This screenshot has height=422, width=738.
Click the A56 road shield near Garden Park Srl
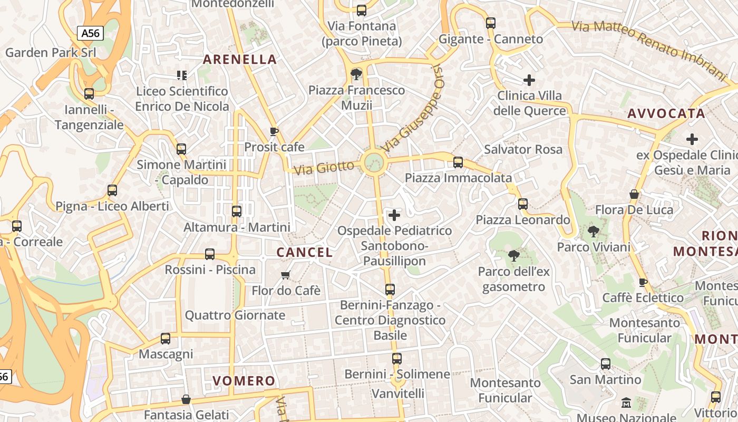(x=90, y=33)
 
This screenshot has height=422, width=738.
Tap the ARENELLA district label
(x=240, y=59)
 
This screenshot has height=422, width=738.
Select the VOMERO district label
(x=244, y=381)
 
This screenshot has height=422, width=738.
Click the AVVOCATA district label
(x=666, y=113)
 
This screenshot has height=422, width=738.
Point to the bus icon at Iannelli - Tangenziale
(x=89, y=94)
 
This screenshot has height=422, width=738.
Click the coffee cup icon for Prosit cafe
(x=274, y=131)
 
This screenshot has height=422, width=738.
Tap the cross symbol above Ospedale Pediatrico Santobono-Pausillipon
(x=394, y=215)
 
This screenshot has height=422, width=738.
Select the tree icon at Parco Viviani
(x=594, y=231)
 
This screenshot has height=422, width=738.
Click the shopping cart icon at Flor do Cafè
(x=286, y=275)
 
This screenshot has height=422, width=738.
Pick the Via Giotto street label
(x=324, y=168)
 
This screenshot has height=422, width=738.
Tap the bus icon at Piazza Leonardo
(x=522, y=204)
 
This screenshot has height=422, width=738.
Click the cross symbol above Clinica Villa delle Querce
(x=529, y=80)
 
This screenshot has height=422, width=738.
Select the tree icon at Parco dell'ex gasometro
(x=513, y=256)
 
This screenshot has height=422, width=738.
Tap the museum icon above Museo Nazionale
(x=626, y=403)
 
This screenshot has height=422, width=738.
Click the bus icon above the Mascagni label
(x=166, y=339)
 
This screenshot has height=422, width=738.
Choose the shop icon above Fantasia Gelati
(x=186, y=399)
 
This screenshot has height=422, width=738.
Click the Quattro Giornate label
(x=235, y=315)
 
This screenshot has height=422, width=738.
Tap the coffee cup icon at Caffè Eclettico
(x=643, y=282)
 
